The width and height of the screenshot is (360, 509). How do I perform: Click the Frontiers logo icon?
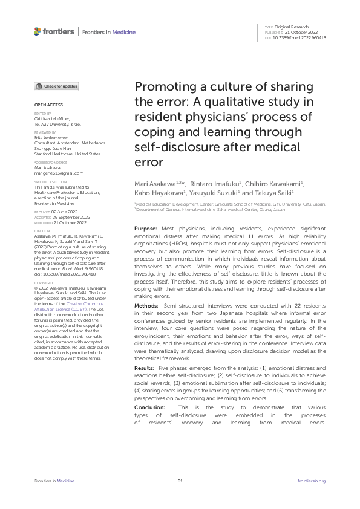(x=37, y=31)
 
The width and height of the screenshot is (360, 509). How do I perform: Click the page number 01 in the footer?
(x=180, y=481)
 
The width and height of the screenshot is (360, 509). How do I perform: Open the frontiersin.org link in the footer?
(x=312, y=481)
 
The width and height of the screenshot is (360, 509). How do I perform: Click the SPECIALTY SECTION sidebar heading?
(x=47, y=181)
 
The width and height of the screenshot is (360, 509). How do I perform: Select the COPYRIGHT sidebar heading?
(x=44, y=282)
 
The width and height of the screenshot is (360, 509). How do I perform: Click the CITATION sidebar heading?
(x=42, y=230)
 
